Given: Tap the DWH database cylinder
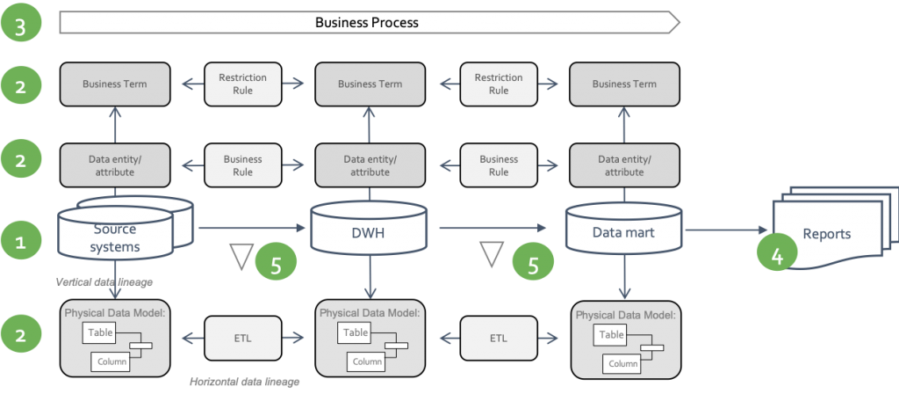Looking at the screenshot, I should pyautogui.click(x=370, y=231).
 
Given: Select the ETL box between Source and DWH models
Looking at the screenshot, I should pyautogui.click(x=242, y=337).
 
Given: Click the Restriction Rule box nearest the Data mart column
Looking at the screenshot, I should pyautogui.click(x=498, y=84).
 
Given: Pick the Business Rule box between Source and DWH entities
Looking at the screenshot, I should pyautogui.click(x=242, y=165).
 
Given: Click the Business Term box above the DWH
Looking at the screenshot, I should pyautogui.click(x=370, y=84).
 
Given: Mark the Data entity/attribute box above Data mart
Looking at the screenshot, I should pyautogui.click(x=623, y=165).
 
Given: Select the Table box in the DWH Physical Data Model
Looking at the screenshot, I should pyautogui.click(x=356, y=332).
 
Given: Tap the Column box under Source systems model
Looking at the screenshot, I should pyautogui.click(x=111, y=361).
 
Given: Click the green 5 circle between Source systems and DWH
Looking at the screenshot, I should pyautogui.click(x=277, y=262).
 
